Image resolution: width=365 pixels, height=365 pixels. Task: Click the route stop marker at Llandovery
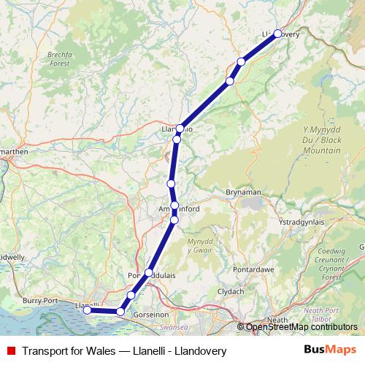point(277,34)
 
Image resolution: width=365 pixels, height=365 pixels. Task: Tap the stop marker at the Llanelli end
point(87,310)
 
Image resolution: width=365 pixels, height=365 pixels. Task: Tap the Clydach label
point(231,291)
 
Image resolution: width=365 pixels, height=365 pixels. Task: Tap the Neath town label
point(277,320)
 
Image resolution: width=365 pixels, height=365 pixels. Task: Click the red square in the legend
point(11,351)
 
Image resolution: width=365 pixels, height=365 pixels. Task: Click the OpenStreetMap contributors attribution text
point(301,327)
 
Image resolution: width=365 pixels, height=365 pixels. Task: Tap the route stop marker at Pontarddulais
point(149,273)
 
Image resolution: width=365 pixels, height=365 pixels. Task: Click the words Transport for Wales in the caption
point(68,351)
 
